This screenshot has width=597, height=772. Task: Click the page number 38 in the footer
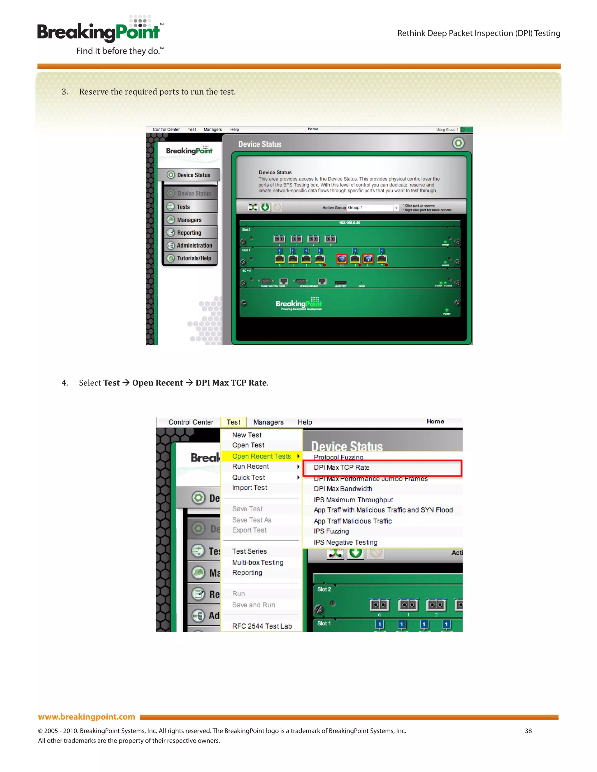528,731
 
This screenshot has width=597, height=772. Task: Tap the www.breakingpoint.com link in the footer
87,717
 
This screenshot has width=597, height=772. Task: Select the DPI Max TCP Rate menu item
342,467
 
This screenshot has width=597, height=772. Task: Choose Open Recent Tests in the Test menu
261,456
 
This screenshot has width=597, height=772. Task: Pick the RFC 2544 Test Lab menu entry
262,626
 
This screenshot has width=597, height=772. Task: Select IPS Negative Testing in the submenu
345,542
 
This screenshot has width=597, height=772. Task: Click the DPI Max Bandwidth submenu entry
343,489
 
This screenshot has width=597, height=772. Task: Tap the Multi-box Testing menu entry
257,562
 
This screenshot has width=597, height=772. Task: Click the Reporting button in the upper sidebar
189,232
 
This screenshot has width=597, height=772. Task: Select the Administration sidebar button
194,245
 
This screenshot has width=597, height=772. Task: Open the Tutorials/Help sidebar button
194,258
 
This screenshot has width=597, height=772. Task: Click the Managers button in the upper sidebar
189,220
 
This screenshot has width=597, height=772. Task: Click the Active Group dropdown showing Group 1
373,207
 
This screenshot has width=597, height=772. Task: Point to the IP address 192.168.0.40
350,223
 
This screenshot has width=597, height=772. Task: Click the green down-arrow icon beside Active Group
265,207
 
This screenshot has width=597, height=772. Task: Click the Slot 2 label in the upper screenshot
246,230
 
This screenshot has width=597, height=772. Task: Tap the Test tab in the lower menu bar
233,422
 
